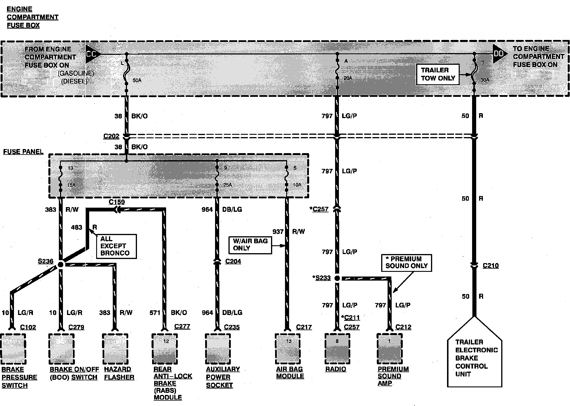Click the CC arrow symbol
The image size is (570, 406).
92,54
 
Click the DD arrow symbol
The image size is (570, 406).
499,54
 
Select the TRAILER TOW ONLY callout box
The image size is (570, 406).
438,74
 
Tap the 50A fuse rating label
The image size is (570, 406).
137,80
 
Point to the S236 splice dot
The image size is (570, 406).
61,265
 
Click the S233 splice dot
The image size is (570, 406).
337,278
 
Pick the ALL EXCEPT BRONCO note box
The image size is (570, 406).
116,246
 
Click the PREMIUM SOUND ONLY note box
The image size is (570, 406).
406,262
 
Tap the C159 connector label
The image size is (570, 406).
117,202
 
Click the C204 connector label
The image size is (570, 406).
233,261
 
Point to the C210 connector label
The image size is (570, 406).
490,266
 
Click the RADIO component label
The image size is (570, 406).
336,369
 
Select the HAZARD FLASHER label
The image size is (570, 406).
119,373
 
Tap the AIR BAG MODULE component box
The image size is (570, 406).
287,349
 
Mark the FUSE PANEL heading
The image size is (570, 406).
23,152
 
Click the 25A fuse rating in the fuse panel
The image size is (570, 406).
227,185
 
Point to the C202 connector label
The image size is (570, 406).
111,136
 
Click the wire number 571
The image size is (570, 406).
155,313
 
